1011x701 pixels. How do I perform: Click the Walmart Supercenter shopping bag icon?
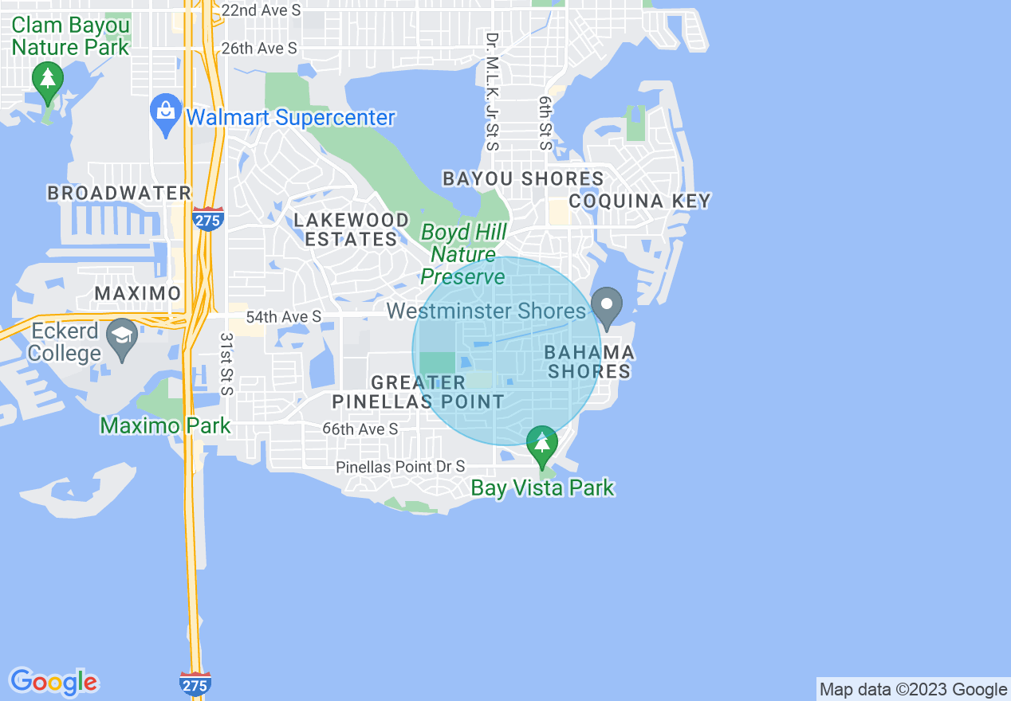coord(166,115)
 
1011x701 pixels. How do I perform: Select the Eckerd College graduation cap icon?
coord(122,338)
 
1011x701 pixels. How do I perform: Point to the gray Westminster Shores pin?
coord(607,307)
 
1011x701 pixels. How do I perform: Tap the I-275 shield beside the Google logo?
coord(195,683)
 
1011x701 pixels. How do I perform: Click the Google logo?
coord(54,682)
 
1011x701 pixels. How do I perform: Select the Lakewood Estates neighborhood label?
coord(351,229)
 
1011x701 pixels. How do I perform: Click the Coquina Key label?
coord(639,201)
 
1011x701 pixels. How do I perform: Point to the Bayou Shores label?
coord(523,178)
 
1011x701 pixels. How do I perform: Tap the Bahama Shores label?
coord(589,362)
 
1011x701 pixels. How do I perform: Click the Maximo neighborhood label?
coord(138,293)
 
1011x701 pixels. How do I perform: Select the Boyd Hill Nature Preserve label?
coord(463,254)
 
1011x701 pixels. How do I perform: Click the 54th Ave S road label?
coord(283,317)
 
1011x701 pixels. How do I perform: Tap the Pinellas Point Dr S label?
coord(400,467)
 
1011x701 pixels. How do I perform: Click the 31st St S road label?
coord(226,364)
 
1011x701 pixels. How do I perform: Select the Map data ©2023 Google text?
coord(914,689)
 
